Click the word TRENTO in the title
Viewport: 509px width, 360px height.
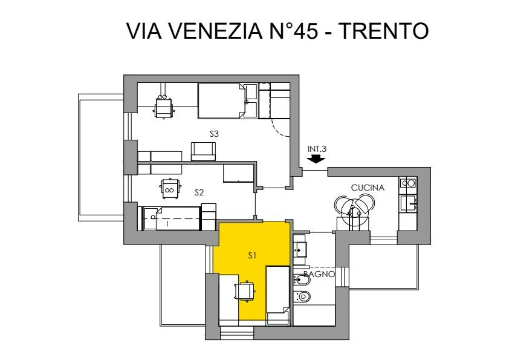[384, 31]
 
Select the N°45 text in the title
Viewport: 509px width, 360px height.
[293, 31]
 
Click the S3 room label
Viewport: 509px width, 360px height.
[214, 134]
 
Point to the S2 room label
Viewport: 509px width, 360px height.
[199, 192]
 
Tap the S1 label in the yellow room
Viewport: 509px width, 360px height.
[252, 256]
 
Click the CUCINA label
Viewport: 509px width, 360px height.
[368, 188]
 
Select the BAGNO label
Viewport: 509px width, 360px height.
[319, 274]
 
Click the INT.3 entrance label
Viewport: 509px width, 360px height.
[317, 149]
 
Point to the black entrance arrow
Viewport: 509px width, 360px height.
[316, 159]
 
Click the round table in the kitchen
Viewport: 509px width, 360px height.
[352, 212]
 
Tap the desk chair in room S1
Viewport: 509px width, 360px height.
[244, 291]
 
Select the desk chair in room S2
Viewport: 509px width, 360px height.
[169, 188]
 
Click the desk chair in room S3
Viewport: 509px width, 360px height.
[163, 106]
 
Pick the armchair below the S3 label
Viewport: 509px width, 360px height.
[204, 151]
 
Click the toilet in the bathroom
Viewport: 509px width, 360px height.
[302, 296]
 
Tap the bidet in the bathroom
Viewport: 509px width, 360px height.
[302, 279]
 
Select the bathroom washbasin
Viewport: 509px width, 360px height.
[300, 249]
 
